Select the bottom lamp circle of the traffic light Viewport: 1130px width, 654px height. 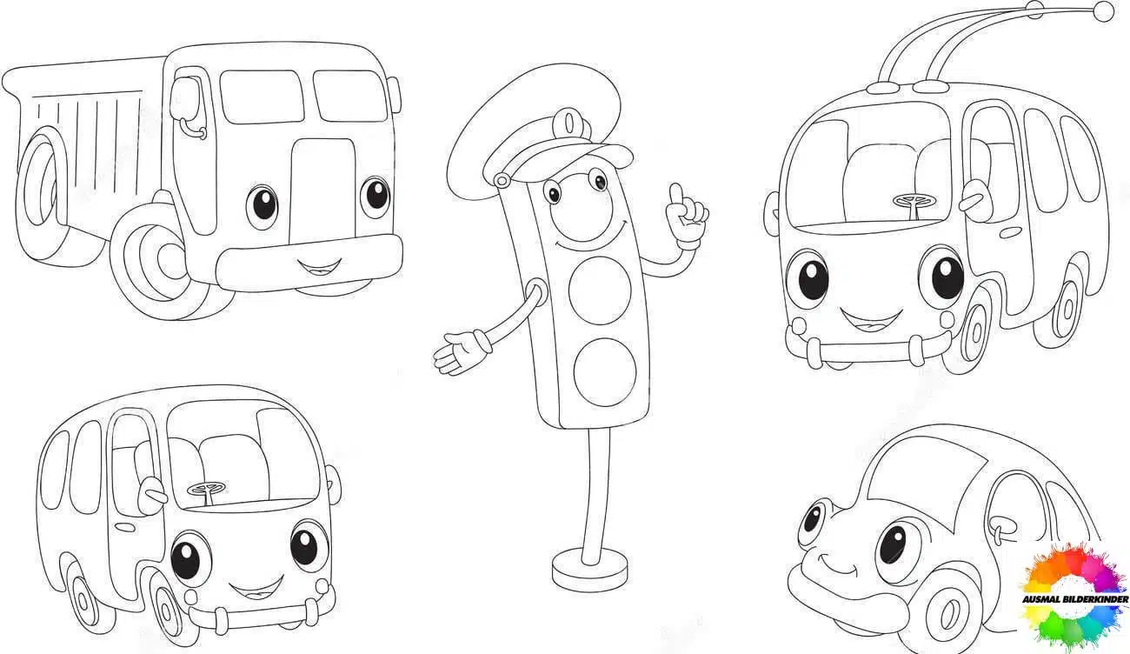coord(605,371)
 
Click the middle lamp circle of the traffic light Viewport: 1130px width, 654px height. coord(600,290)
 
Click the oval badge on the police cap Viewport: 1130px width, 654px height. coord(570,123)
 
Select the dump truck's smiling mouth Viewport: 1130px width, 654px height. coord(319,267)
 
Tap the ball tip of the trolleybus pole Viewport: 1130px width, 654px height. coord(1103,12)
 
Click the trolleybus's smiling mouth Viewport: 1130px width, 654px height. coord(871,319)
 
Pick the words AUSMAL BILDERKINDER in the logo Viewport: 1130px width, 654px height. coord(1075,599)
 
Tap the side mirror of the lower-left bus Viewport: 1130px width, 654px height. coord(152,490)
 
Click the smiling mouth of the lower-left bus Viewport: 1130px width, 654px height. coord(256,587)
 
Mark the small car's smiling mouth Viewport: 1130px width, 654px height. coord(835,564)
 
